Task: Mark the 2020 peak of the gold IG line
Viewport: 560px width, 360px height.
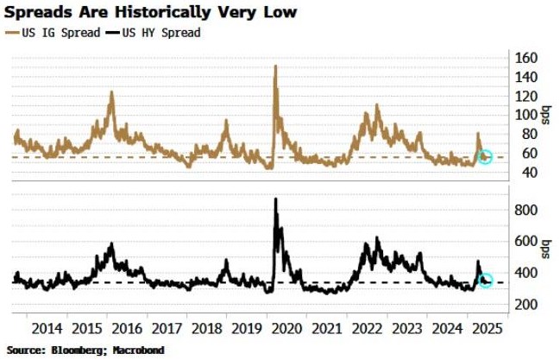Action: pyautogui.click(x=275, y=66)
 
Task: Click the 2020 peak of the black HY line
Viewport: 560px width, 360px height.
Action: pyautogui.click(x=275, y=199)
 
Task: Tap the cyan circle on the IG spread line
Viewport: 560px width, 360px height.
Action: pyautogui.click(x=485, y=156)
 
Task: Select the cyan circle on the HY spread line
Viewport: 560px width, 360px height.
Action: pyautogui.click(x=485, y=281)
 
